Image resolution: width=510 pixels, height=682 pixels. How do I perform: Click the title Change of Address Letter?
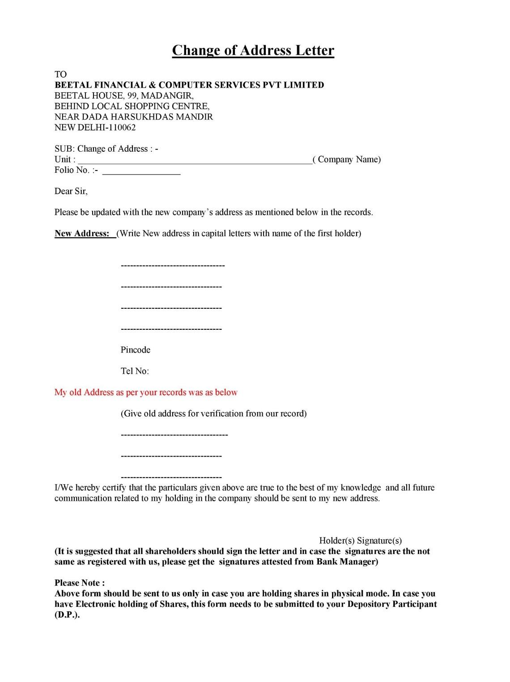point(253,50)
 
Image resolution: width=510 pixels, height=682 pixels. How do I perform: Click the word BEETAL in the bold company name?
point(73,85)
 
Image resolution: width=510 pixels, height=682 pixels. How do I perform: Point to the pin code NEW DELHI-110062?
point(95,128)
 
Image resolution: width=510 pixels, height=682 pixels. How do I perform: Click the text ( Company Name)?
point(347,160)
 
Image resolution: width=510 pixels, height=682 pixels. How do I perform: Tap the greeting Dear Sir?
point(71,192)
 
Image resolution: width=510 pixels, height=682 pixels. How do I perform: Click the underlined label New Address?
point(82,234)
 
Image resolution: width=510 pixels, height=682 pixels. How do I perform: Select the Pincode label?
point(136,350)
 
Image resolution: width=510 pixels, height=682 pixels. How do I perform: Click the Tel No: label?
point(135,371)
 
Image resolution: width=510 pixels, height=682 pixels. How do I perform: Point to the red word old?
point(75,392)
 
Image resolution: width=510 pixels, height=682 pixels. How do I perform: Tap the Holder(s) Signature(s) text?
point(361,541)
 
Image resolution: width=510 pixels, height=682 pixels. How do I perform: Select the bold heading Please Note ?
point(80,583)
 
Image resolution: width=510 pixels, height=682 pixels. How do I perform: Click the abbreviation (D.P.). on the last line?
point(67,615)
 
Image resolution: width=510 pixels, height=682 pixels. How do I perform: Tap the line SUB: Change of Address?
point(106,149)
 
